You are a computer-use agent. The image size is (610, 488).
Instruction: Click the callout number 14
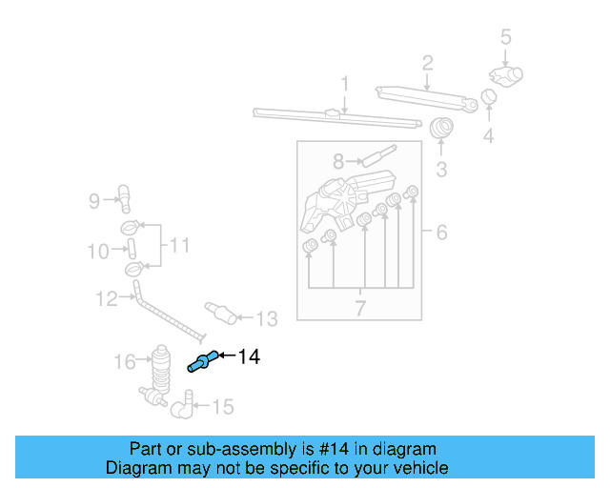(x=249, y=356)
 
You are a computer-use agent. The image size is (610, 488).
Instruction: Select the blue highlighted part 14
(x=202, y=361)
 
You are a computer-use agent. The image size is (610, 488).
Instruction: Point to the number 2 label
(x=427, y=63)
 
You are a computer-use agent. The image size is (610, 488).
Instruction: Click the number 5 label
(x=506, y=37)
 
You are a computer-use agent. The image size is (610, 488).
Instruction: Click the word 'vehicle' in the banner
(x=417, y=468)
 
